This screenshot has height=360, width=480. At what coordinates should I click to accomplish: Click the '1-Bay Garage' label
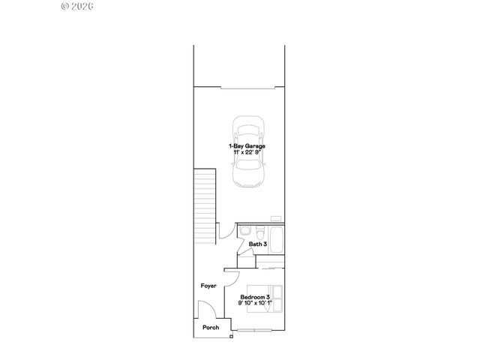tap(247, 145)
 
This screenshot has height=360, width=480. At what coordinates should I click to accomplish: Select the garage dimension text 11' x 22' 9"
tap(247, 152)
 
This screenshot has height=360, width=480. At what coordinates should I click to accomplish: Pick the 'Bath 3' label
tap(258, 244)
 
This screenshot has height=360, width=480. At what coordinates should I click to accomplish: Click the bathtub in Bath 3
tap(276, 241)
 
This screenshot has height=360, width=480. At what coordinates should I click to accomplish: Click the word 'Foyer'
tap(208, 286)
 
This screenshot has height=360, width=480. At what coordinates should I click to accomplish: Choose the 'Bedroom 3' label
tap(255, 297)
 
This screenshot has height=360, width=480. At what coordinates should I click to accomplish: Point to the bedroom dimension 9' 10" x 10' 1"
tap(255, 304)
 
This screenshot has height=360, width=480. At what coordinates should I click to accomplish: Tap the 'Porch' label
tap(211, 327)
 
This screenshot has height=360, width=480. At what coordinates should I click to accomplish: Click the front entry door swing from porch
tap(204, 309)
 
